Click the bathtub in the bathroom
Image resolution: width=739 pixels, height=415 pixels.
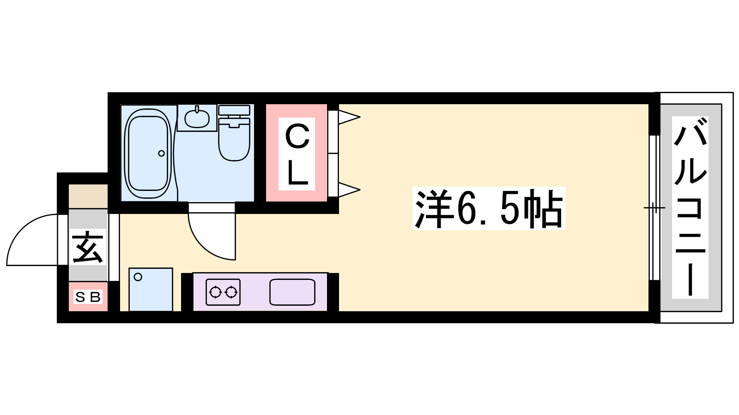click(x=148, y=154)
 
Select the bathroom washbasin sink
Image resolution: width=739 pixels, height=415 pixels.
click(x=197, y=119)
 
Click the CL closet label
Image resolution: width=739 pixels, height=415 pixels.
click(x=297, y=154)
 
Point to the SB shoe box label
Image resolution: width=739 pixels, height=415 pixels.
click(x=88, y=297)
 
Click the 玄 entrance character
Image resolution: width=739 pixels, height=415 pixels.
click(x=88, y=247)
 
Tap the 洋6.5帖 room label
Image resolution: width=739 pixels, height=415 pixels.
click(x=489, y=208)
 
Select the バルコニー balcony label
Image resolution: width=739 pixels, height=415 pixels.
click(x=690, y=207)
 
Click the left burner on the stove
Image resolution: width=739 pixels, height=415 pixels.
click(x=215, y=292)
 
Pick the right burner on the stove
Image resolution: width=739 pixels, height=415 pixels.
click(x=231, y=292)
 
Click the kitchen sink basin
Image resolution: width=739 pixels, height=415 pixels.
click(x=292, y=292)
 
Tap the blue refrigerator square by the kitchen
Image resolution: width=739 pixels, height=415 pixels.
click(x=151, y=290)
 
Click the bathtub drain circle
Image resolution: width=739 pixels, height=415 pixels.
click(x=161, y=153)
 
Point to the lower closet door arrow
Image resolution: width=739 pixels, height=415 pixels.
click(x=349, y=190)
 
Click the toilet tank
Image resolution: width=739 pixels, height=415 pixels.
click(x=234, y=110)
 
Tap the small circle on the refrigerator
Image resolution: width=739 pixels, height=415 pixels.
click(x=138, y=277)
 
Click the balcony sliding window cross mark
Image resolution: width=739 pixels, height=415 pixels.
click(x=654, y=208)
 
